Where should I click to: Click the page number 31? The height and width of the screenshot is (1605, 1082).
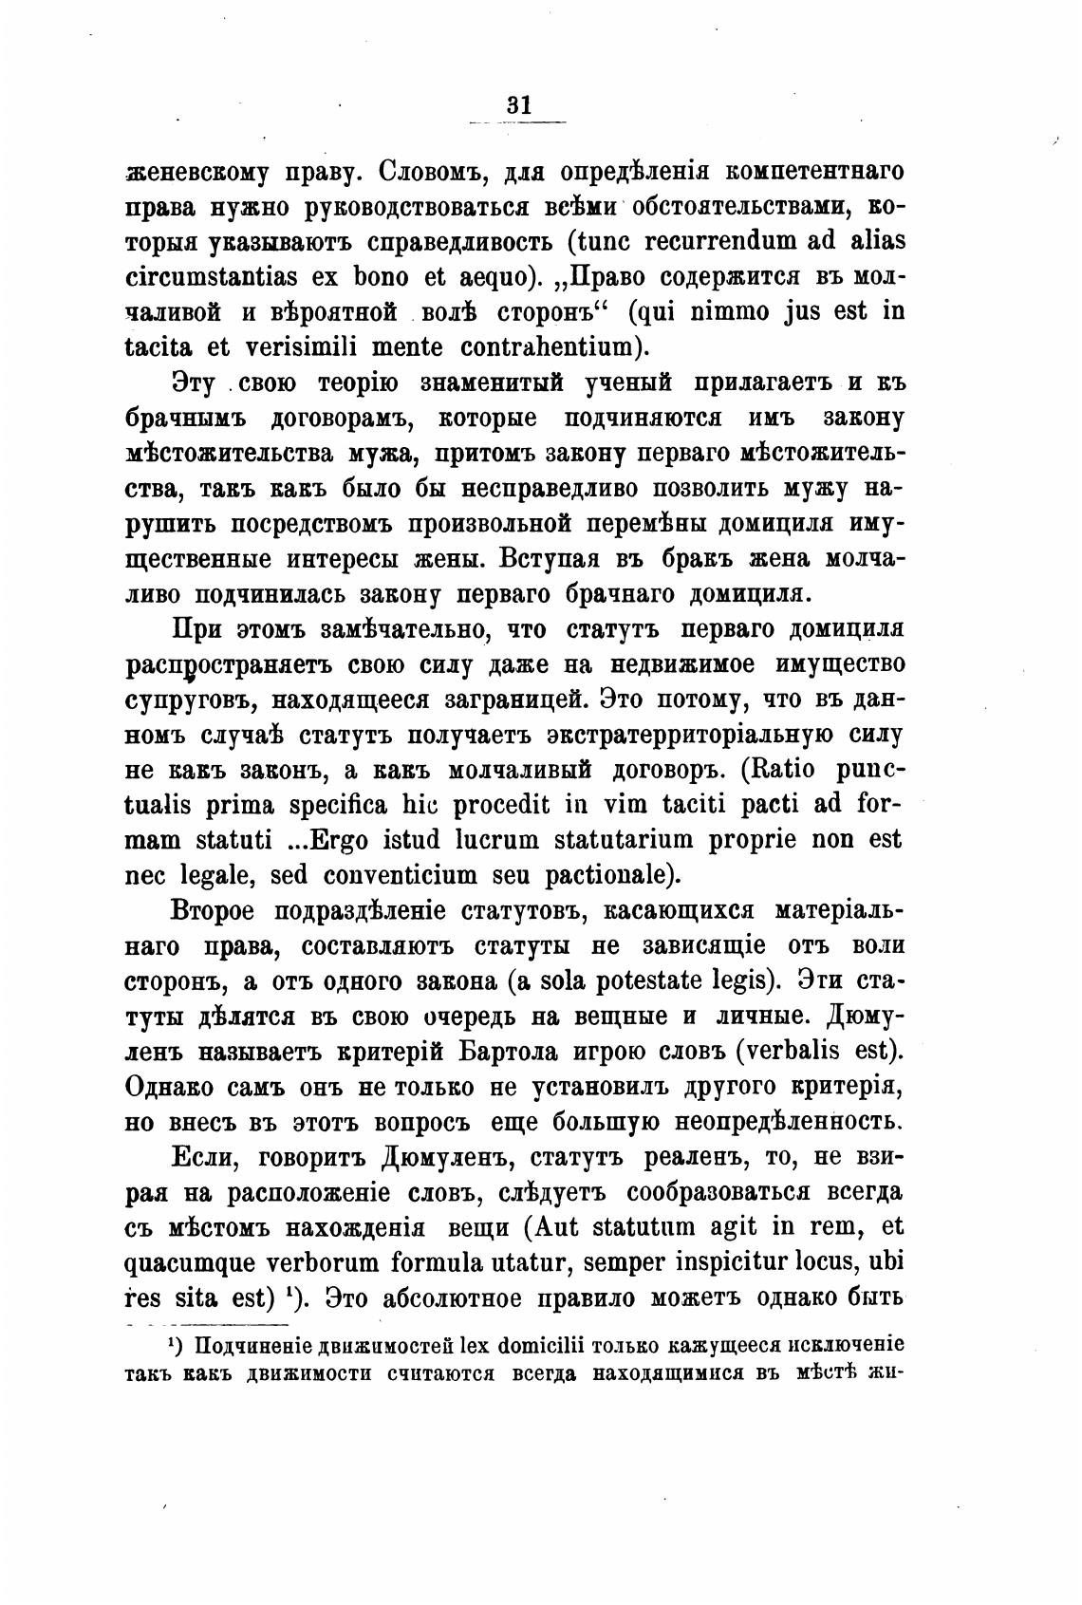point(518,105)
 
